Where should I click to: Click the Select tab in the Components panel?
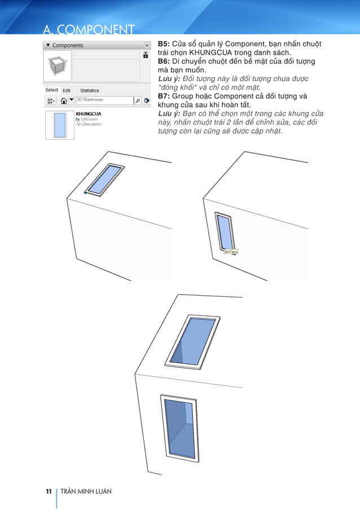coord(52,90)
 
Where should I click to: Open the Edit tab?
coord(67,90)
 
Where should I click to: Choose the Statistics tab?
coord(89,90)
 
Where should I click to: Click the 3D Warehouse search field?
coord(104,100)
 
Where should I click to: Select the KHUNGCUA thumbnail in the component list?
coord(59,125)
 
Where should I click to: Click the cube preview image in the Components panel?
coord(58,65)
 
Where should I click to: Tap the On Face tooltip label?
coord(231,252)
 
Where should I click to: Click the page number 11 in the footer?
coord(49,492)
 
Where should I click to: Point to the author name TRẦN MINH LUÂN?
coord(86,492)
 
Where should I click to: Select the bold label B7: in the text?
coord(164,96)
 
